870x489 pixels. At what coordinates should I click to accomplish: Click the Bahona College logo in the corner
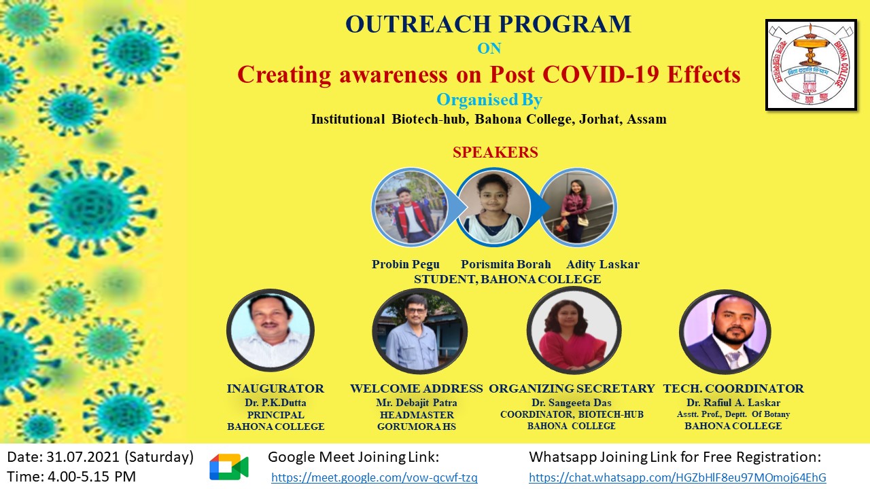812,65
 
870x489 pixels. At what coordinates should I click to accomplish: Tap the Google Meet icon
229,467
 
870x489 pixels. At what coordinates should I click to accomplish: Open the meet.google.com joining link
375,477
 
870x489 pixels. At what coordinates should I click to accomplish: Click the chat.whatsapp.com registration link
678,477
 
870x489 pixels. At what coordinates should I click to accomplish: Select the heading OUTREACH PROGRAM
488,24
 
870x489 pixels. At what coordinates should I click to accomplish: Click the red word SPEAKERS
495,152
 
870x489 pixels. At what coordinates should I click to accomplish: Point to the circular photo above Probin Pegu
410,207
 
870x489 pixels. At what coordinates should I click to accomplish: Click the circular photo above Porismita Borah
493,207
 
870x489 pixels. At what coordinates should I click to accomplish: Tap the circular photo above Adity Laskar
578,207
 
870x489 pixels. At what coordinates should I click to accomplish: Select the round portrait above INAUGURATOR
271,330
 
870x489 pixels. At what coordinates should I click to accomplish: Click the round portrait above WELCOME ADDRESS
419,330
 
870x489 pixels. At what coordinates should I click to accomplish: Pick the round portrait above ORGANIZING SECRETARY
574,330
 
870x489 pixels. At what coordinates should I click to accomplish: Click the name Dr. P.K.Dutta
275,403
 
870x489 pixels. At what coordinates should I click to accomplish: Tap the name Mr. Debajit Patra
417,403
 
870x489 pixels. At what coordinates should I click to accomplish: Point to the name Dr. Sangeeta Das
572,403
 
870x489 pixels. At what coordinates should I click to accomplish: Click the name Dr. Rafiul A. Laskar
733,403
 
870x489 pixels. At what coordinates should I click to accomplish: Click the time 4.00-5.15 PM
92,477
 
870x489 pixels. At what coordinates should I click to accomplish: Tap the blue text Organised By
489,100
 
